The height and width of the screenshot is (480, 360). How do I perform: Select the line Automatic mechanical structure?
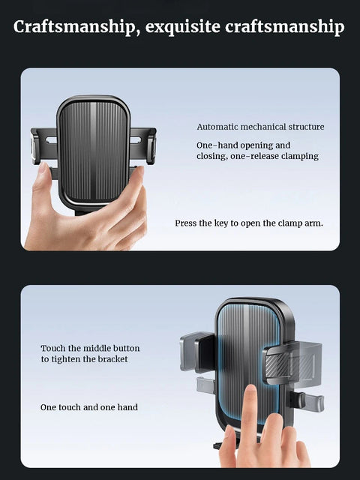pyautogui.click(x=260, y=127)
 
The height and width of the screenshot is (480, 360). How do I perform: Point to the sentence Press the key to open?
pyautogui.click(x=249, y=223)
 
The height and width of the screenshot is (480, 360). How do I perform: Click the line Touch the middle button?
pyautogui.click(x=90, y=348)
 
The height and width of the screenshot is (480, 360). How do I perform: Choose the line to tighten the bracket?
pyautogui.click(x=84, y=359)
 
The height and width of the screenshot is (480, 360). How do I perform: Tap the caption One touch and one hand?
pyautogui.click(x=88, y=407)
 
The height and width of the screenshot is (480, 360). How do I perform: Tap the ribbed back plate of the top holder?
pyautogui.click(x=94, y=150)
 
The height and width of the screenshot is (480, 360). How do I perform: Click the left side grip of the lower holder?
pyautogui.click(x=197, y=351)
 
